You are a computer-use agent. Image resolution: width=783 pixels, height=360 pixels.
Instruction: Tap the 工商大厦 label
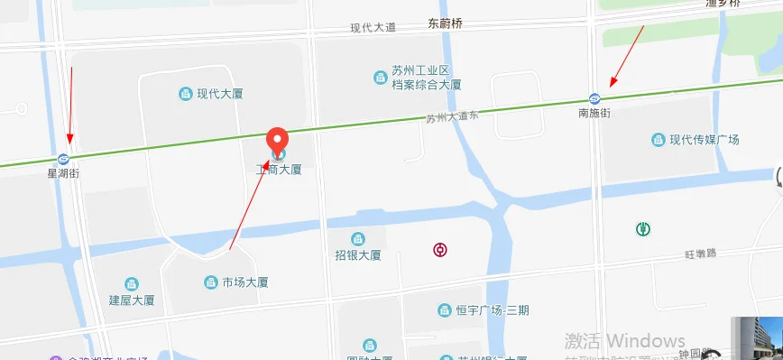coord(278,169)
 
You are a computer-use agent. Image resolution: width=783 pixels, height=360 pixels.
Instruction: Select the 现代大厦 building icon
coord(185,93)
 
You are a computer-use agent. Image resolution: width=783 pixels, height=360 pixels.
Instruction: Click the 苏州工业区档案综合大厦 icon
coord(380,78)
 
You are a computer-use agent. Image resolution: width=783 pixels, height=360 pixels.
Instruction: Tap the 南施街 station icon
coord(594,98)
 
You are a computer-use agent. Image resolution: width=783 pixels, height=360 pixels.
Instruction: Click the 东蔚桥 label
coord(445,24)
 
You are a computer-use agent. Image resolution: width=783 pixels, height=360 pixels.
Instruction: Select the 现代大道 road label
coord(373,28)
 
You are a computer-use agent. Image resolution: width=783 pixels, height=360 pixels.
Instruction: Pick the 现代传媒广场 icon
coord(659,140)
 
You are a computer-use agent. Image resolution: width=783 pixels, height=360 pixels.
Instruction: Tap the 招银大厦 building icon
coord(357,239)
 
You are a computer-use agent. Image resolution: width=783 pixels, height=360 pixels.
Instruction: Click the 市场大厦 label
coord(245,282)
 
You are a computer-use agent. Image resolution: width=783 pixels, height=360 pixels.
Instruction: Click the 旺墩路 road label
coord(698,254)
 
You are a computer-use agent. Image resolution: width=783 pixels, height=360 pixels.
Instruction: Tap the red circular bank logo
coord(442,249)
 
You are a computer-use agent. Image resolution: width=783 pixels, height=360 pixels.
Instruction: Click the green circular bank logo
coord(643,229)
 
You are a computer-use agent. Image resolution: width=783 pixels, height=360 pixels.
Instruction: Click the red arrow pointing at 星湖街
coord(70,104)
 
